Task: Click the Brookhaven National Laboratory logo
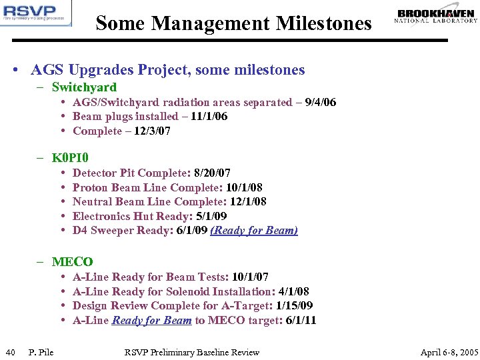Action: (x=436, y=15)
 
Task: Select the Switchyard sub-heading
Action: (x=84, y=87)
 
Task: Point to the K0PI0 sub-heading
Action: (x=70, y=158)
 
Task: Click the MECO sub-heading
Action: (x=72, y=262)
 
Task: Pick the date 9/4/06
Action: (x=320, y=102)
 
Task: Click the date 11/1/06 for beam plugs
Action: (x=209, y=116)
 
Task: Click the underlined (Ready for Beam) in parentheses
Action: (x=254, y=231)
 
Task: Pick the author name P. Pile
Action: (x=41, y=352)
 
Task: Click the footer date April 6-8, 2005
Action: (x=449, y=352)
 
